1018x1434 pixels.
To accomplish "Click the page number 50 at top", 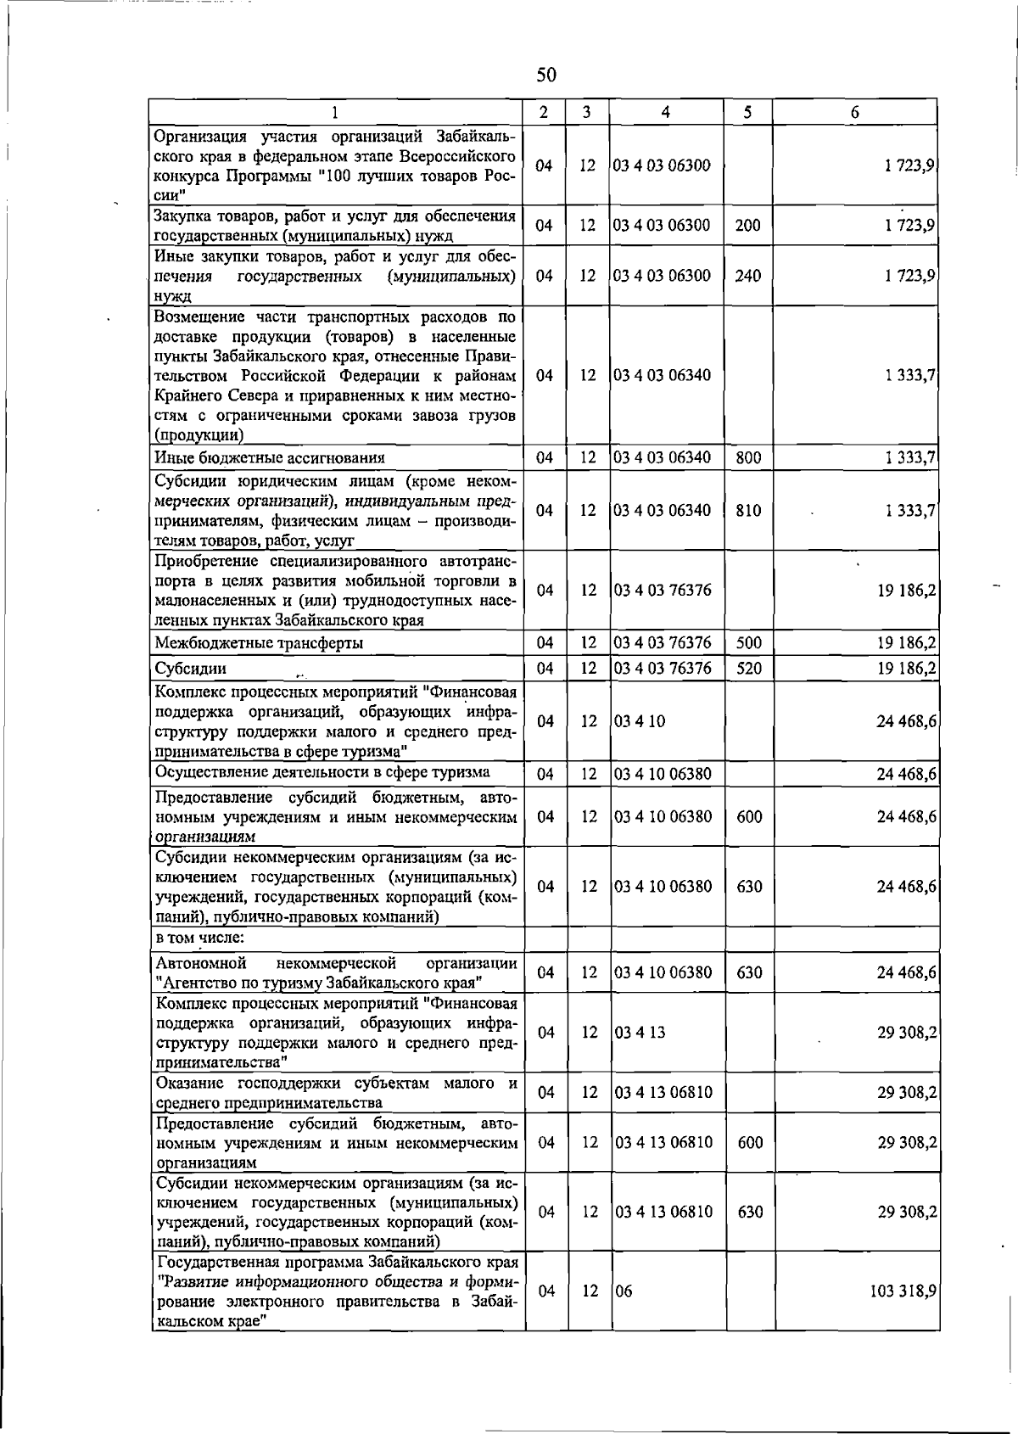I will point(545,76).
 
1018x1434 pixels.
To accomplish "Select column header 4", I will point(666,112).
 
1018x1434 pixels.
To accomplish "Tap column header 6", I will point(854,112).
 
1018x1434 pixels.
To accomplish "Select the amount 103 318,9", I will point(903,1291).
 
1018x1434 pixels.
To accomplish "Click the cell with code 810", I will point(748,511).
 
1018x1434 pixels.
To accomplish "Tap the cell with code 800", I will point(748,458).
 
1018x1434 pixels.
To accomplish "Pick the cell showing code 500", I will point(748,643).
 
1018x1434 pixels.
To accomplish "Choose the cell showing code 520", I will point(748,669).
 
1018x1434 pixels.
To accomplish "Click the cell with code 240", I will point(747,276).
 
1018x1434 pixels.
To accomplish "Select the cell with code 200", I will point(747,226).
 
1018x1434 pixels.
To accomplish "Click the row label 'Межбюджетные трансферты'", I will point(259,643).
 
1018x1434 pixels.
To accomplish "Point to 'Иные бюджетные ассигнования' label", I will point(270,458).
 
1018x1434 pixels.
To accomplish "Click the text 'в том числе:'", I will point(200,938).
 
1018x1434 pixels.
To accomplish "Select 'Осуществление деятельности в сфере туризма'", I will point(322,772).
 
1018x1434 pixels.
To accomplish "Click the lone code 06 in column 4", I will point(624,1291).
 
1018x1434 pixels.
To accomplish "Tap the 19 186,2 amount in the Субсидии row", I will point(906,669).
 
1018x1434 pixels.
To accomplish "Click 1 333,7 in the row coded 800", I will point(909,458).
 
